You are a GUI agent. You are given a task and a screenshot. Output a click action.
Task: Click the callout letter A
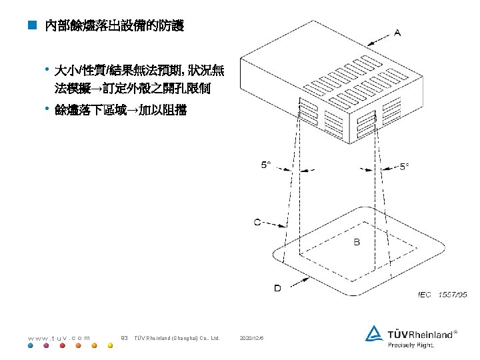397,32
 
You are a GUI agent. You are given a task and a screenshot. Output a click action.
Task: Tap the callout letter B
357,242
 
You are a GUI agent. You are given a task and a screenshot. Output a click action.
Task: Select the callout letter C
257,222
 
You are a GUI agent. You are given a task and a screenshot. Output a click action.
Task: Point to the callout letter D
277,287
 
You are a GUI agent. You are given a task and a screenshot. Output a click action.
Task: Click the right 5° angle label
405,167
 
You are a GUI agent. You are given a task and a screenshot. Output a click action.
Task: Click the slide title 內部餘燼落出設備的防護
113,27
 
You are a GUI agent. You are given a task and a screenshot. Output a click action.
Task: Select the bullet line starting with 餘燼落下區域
121,110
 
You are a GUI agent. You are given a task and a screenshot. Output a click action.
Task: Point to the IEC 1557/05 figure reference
442,293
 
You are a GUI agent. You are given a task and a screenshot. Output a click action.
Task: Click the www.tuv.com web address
59,338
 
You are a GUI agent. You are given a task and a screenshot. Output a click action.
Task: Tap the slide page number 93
123,338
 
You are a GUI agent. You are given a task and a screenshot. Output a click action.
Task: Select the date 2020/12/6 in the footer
252,338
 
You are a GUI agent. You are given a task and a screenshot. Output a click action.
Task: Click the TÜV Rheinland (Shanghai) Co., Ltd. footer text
177,338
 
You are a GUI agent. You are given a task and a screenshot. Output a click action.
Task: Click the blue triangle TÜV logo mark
373,333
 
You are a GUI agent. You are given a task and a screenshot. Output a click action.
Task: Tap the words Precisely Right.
411,345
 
